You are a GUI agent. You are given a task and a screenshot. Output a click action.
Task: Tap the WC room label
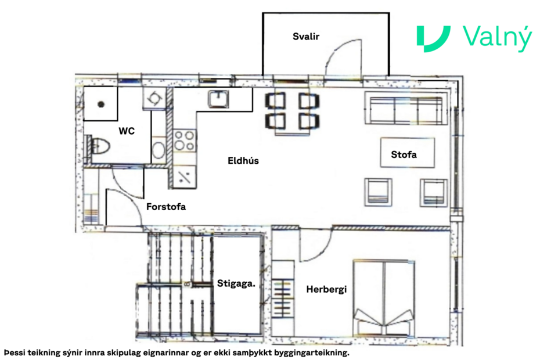(x=127, y=131)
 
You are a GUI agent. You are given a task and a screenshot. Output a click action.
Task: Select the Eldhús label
(x=243, y=161)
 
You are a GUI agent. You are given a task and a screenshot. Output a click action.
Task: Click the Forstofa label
(x=166, y=206)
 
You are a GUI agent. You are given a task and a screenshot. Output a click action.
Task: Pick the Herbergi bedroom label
(x=326, y=289)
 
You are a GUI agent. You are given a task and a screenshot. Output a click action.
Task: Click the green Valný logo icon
(x=433, y=39)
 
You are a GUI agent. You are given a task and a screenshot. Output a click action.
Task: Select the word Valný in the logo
(x=497, y=39)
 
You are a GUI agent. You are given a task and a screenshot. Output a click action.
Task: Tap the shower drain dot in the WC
(x=101, y=105)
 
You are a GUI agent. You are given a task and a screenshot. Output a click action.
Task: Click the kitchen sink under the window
(x=219, y=99)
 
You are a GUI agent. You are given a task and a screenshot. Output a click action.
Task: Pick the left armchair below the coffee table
(x=379, y=191)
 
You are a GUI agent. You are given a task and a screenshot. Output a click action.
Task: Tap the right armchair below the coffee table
(x=434, y=191)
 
